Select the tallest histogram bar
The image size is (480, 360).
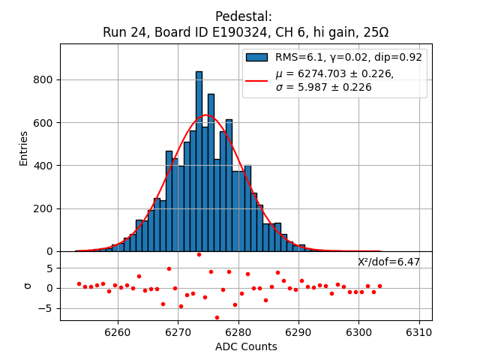click(199, 161)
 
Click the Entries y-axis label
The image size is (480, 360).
click(24, 148)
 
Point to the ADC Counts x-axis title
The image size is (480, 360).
click(246, 346)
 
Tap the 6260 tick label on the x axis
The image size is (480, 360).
click(118, 332)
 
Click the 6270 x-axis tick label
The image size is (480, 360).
click(178, 332)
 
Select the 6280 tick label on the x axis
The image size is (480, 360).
click(238, 332)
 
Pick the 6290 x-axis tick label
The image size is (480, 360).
click(298, 332)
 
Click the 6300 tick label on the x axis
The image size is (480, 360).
click(358, 332)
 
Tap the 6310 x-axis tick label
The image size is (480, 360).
click(418, 332)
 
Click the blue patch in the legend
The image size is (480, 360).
click(256, 57)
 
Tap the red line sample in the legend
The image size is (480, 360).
click(256, 80)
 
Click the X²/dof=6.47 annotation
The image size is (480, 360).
click(388, 262)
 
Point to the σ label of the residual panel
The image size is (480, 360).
click(28, 286)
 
